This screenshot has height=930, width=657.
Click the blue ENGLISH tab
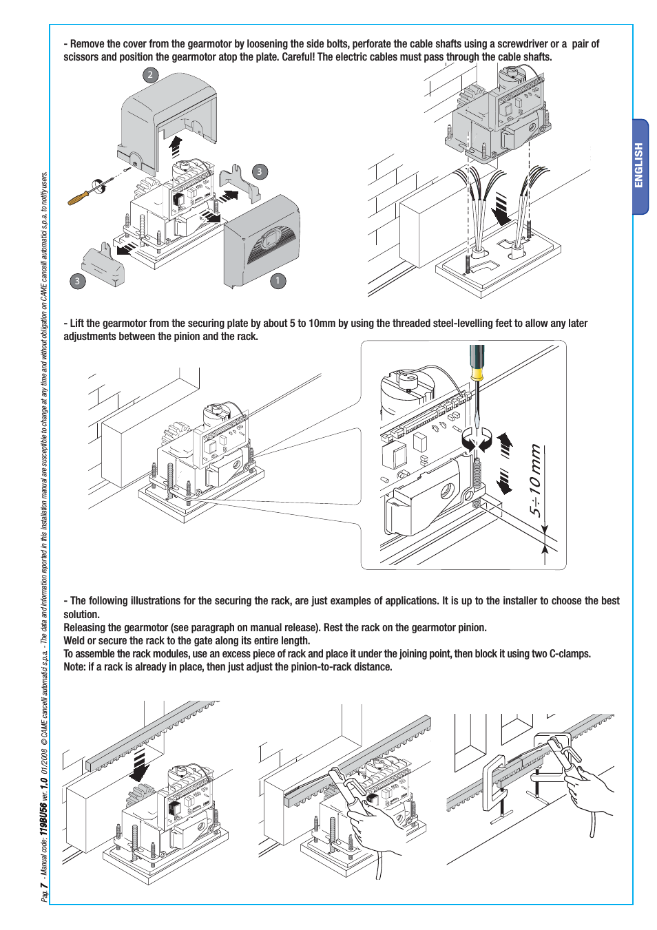[640, 166]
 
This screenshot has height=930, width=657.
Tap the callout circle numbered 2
[150, 75]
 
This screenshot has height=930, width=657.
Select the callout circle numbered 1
[278, 281]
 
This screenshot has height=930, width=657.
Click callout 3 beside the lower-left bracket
[77, 281]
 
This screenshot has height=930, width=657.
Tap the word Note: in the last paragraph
[74, 667]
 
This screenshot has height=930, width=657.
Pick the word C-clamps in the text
[570, 654]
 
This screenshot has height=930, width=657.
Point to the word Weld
[74, 641]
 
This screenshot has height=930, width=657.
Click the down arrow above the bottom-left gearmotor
[140, 765]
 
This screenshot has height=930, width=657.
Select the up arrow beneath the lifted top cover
[176, 147]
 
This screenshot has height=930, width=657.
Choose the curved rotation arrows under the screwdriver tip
[477, 441]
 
